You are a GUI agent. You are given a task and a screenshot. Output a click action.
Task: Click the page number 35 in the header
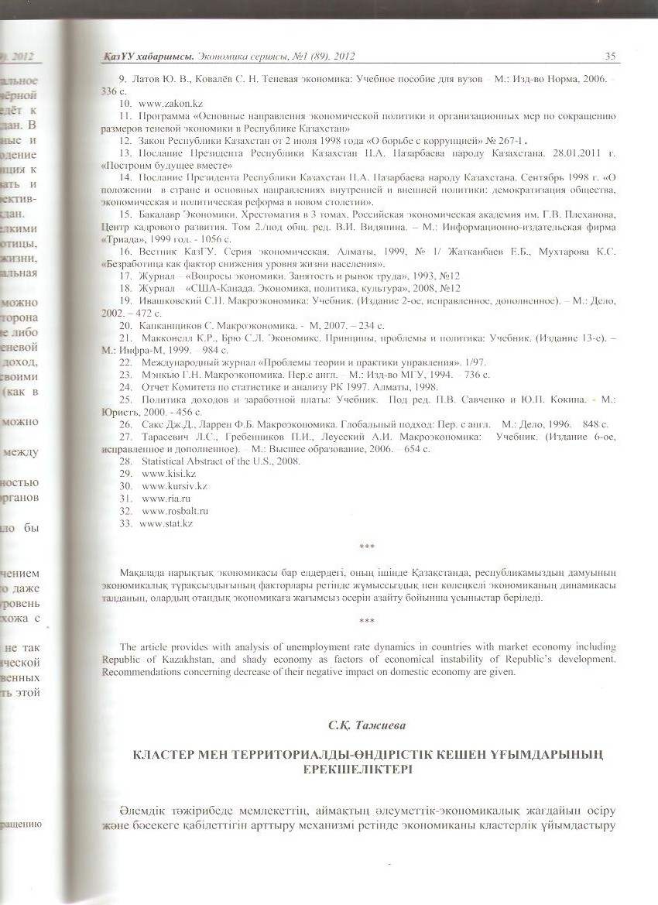click(x=609, y=57)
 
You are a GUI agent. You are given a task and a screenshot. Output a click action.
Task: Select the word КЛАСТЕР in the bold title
click(x=165, y=755)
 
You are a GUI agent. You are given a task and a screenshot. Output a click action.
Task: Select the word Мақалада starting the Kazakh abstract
click(x=145, y=573)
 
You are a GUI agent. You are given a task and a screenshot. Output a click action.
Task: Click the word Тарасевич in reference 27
click(x=166, y=437)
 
